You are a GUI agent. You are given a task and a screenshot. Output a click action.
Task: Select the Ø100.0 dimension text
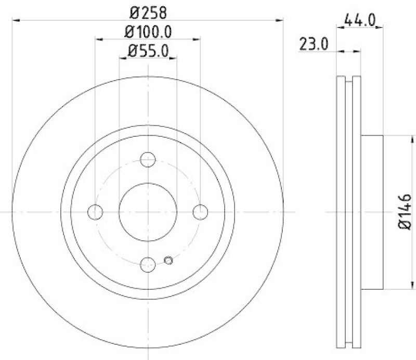pos(148,32)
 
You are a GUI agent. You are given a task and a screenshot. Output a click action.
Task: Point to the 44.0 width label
pos(360,21)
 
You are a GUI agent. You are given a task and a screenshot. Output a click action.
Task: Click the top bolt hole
pos(148,160)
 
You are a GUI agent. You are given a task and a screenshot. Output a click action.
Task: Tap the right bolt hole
pos(200,212)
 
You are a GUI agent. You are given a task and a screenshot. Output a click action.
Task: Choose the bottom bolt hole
pos(148,264)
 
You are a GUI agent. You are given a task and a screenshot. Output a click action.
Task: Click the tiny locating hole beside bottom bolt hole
pos(167,261)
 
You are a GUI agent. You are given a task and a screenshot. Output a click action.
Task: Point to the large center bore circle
pos(148,212)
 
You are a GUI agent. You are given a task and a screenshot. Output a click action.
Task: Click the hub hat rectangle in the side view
pos(372,212)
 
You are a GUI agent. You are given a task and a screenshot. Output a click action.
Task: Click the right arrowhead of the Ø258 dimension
pos(281,20)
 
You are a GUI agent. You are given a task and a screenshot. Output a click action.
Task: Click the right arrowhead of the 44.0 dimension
pos(380,31)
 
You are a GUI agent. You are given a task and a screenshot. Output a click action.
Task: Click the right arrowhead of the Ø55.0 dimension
pos(174,58)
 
